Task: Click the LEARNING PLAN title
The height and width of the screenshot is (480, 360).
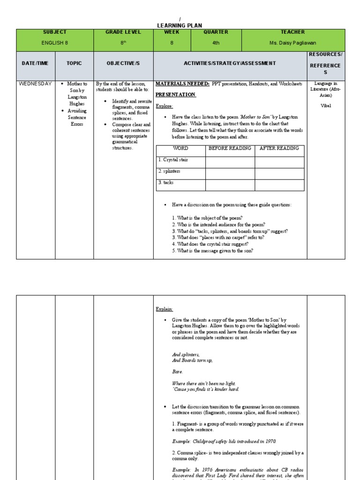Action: [180, 25]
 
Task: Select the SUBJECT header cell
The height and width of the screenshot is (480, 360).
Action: [55, 32]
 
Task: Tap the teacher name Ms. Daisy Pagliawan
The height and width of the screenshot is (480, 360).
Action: [292, 43]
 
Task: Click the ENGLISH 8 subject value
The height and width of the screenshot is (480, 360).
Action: [55, 43]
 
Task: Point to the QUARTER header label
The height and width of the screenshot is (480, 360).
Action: [216, 32]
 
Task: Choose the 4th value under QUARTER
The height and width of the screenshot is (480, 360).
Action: [216, 43]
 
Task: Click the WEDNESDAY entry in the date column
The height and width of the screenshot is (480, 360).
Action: [35, 84]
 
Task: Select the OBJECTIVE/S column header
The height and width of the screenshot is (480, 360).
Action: [123, 63]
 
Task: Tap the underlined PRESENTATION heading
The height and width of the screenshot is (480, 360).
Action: [175, 95]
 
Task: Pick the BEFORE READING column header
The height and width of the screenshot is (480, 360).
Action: [230, 149]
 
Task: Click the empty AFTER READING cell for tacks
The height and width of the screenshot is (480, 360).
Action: [279, 185]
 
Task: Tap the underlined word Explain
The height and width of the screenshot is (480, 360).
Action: [164, 309]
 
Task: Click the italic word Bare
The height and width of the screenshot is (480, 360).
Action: [177, 371]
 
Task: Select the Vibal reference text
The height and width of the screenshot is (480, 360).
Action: [326, 106]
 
